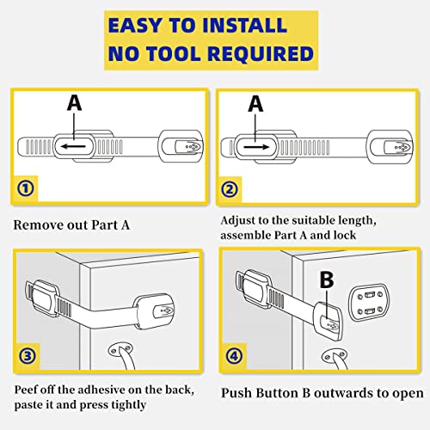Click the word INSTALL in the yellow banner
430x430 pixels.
244,25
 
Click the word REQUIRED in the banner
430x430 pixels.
261,53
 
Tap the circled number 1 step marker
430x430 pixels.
26,188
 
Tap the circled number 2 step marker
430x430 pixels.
230,189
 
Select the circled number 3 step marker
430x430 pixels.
28,356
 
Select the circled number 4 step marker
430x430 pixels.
234,356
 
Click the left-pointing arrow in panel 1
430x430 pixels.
74,146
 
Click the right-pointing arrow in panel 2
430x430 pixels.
256,147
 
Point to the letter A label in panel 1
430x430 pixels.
74,103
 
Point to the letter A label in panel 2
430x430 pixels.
255,104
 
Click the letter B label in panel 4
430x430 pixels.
327,279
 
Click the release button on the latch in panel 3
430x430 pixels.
164,311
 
